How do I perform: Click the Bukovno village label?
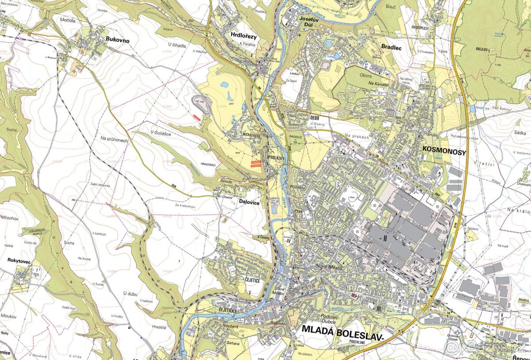point(117,40)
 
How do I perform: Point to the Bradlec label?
point(391,48)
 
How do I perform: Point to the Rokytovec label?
point(19,261)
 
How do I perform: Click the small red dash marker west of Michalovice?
point(197,117)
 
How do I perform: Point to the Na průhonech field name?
point(114,139)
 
